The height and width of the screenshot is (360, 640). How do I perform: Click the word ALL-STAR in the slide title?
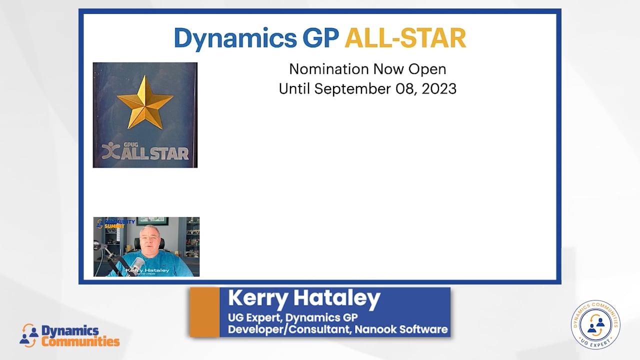tap(405, 38)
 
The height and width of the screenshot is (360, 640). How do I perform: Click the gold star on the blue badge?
tap(144, 102)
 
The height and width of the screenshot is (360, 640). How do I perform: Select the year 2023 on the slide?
tap(439, 89)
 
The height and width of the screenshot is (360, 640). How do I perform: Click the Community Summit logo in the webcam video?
tap(116, 223)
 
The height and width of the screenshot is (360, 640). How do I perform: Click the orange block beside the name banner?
tap(204, 312)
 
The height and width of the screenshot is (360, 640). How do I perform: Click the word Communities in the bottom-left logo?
tap(80, 342)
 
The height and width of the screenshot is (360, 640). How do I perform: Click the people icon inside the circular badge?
tap(595, 323)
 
